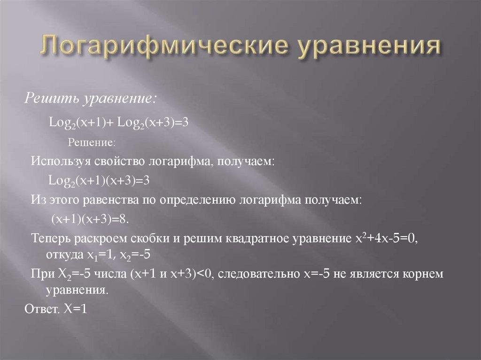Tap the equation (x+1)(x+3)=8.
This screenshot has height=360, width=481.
click(89, 220)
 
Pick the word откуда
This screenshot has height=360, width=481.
click(63, 256)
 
